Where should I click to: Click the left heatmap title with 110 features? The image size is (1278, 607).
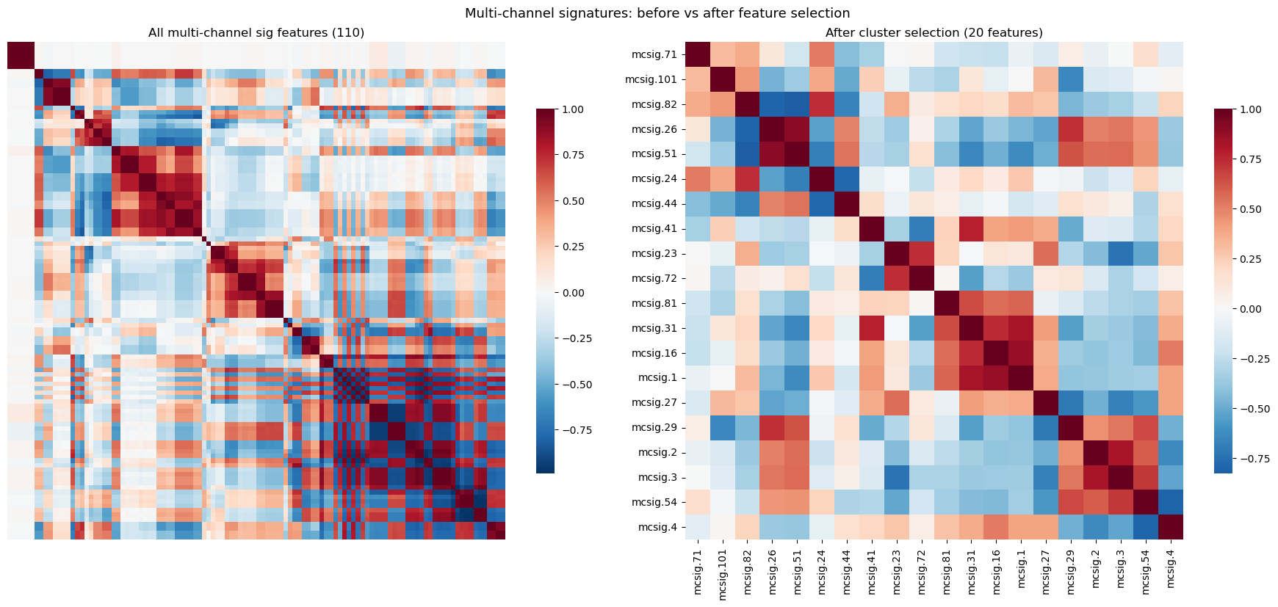point(256,32)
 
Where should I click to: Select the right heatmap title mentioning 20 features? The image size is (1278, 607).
point(934,32)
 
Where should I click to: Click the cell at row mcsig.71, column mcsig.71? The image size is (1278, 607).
point(698,54)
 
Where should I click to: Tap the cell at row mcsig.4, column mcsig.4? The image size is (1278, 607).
point(1171,527)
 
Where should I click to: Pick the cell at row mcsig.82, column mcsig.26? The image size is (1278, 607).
point(772,104)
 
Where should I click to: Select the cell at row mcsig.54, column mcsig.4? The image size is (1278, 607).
point(1171,502)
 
